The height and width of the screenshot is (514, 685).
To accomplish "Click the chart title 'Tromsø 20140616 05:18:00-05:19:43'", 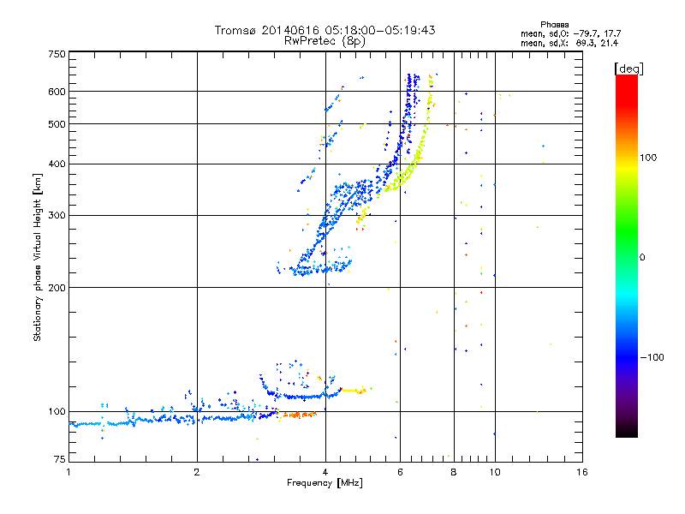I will tap(325, 30).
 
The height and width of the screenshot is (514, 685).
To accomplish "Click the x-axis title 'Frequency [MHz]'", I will tap(325, 482).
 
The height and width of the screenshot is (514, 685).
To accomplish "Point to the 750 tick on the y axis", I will tap(57, 53).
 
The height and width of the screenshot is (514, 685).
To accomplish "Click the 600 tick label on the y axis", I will tap(57, 91).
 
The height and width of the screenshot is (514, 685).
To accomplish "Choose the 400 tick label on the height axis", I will tap(57, 164).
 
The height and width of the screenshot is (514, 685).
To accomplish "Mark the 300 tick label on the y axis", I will tap(57, 215).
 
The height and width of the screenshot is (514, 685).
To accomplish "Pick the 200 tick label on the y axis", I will tap(57, 287).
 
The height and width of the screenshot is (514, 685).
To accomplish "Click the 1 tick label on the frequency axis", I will tap(68, 471).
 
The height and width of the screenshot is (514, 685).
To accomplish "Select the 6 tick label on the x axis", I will tap(399, 471).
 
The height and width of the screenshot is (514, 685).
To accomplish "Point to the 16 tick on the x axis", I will tap(581, 471).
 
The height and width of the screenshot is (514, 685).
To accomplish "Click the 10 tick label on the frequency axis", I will tap(494, 471).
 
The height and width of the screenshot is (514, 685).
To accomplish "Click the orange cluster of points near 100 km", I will tap(300, 415).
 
